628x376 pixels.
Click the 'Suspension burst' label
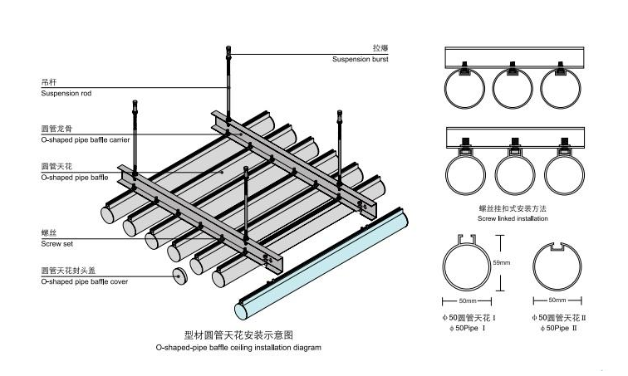(x=360, y=60)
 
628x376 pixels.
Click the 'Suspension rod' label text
(x=66, y=94)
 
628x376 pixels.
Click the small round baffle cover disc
(x=179, y=277)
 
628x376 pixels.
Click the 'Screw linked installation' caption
(x=513, y=218)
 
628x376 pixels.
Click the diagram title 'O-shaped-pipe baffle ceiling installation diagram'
(x=238, y=348)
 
